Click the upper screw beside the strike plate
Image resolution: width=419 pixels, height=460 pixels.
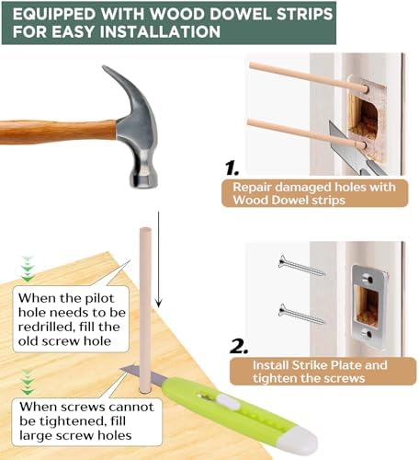(x=301, y=267)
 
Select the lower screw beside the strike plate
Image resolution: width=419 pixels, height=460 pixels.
(x=301, y=314)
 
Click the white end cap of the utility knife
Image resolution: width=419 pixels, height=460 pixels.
(x=307, y=445)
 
